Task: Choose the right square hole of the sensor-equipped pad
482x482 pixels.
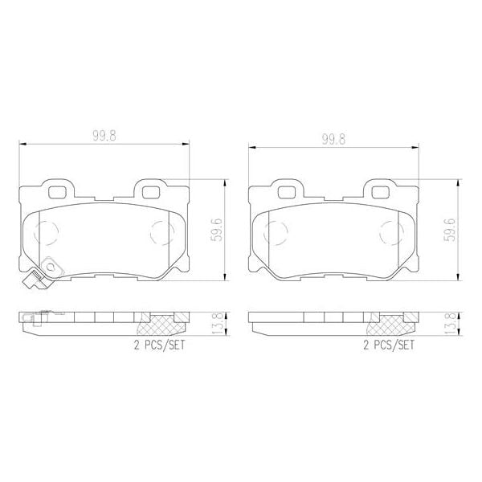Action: pos(150,190)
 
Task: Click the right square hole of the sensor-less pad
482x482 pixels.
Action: pos(379,191)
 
